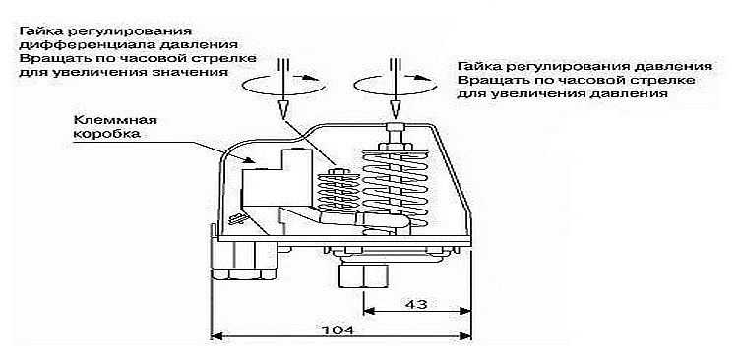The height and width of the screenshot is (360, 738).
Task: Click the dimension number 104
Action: (x=337, y=330)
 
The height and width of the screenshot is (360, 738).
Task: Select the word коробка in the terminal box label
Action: (x=106, y=133)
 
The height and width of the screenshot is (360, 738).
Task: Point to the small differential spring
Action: (x=338, y=192)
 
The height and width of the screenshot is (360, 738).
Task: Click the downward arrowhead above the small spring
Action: (x=283, y=109)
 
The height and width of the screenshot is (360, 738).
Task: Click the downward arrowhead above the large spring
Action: (x=395, y=109)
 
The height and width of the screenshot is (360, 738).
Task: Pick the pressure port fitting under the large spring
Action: (x=363, y=275)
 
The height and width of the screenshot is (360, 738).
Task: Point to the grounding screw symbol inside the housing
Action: (x=235, y=218)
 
